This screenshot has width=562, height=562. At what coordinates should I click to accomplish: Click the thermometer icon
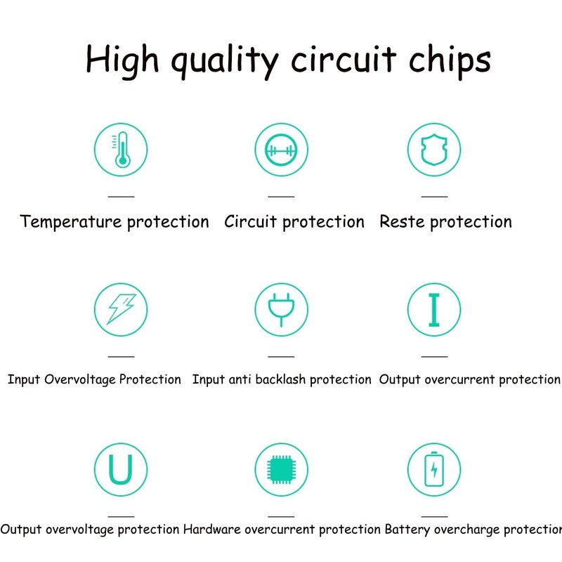122,150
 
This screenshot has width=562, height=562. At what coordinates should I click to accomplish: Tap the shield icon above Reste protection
434,150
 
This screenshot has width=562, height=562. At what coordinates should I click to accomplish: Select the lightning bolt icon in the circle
121,309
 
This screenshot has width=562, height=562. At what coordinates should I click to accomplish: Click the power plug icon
281,310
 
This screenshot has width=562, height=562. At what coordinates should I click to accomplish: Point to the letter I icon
434,310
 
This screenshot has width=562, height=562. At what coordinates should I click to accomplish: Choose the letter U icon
121,469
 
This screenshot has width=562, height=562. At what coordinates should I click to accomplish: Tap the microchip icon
282,469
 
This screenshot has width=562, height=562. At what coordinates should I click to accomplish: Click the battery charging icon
434,469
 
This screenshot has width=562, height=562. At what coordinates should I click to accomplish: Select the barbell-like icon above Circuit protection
281,150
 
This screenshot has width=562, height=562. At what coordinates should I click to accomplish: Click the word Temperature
71,221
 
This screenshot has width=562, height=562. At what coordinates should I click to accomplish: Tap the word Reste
402,221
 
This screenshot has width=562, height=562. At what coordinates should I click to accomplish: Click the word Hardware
212,529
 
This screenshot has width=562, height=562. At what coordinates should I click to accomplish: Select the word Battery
407,530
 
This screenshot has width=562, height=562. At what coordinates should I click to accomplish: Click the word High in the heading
122,60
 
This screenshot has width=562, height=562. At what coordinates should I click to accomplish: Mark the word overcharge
466,530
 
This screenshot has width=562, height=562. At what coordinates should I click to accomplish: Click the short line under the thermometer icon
121,197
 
